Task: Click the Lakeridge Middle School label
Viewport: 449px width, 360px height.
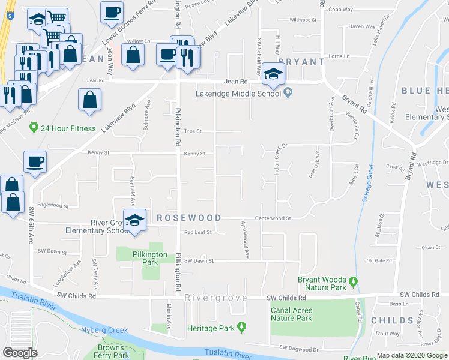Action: pos(238,93)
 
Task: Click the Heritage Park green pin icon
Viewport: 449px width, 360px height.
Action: pos(242,327)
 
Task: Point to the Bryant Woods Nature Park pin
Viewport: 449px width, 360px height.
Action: pos(354,281)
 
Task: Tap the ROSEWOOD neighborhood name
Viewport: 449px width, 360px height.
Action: pos(189,218)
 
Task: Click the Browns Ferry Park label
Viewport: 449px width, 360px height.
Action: pos(112,351)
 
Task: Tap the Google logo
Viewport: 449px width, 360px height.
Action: pos(20,353)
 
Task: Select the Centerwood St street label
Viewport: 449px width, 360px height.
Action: pos(273,218)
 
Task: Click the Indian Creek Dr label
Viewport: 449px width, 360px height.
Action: pos(277,161)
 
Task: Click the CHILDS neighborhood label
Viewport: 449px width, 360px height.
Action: pos(393,320)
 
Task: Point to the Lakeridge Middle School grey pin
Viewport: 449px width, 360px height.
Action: pos(288,92)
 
